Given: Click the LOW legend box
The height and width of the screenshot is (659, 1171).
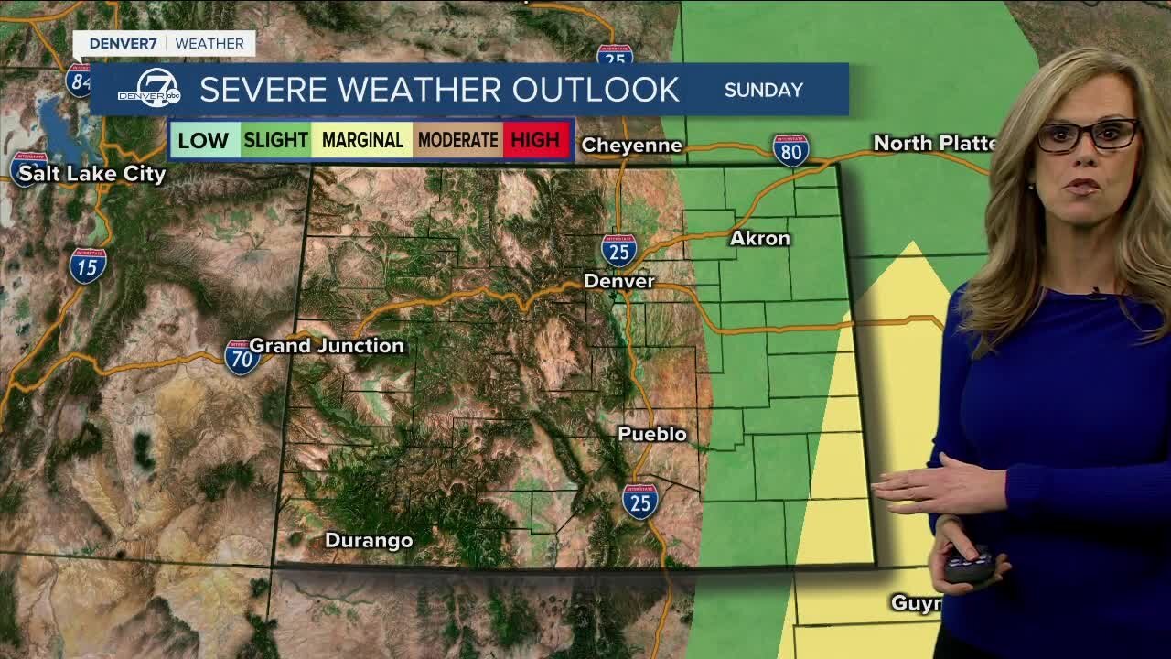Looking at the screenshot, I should [x=203, y=140].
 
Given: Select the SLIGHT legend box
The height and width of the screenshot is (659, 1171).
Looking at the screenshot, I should [x=275, y=140].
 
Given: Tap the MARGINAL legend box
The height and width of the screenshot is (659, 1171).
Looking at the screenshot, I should [x=362, y=140].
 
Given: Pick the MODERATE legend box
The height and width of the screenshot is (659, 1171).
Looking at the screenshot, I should [x=457, y=140].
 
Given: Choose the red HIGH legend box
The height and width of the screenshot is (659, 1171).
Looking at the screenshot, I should [x=535, y=140].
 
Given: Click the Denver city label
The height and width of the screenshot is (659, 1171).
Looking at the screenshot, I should [x=619, y=281].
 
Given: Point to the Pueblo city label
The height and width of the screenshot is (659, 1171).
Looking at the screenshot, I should [x=652, y=434].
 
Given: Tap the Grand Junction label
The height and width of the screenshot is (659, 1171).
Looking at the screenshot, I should [x=327, y=346].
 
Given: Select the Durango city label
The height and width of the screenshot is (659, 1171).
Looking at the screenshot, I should [x=369, y=541].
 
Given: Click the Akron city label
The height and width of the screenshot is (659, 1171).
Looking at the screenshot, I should [x=759, y=239].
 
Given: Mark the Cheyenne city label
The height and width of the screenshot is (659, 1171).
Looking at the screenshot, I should [x=631, y=146].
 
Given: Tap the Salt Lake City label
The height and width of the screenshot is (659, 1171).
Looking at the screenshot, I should [x=92, y=174].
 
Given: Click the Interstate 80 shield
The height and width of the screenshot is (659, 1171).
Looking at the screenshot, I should [x=790, y=150].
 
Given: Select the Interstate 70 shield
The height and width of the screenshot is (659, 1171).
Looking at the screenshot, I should [x=242, y=357].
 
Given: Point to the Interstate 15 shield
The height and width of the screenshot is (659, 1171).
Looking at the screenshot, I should [x=88, y=265].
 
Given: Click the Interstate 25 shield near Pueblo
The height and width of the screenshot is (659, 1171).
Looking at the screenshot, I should [x=640, y=502].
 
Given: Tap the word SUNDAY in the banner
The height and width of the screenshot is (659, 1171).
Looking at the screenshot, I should [x=763, y=90].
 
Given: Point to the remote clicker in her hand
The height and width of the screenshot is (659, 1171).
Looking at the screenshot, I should [x=969, y=564].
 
